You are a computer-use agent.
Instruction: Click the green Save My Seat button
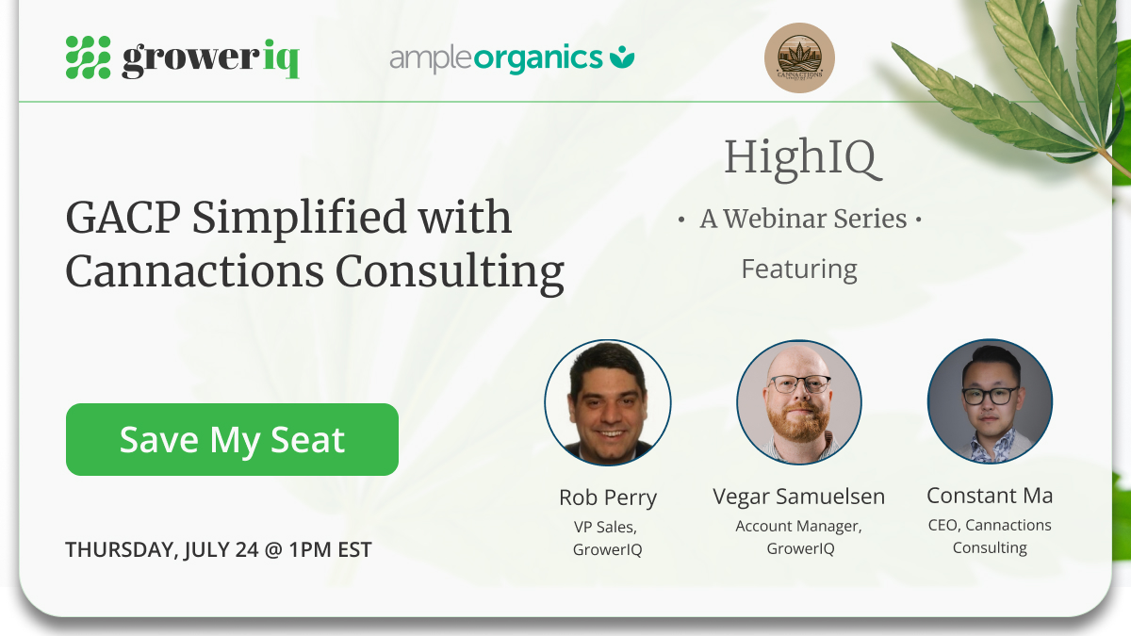click(x=232, y=440)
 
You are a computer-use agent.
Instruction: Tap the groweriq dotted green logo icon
click(x=88, y=57)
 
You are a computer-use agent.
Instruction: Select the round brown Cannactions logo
click(x=799, y=58)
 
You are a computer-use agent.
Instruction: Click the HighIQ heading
click(x=802, y=158)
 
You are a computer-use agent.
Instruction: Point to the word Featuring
click(x=799, y=269)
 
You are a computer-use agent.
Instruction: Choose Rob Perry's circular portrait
click(x=608, y=403)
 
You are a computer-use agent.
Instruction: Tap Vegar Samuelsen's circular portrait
click(x=799, y=403)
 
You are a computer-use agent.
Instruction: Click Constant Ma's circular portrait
click(x=990, y=402)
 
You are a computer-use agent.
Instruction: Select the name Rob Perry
click(x=608, y=497)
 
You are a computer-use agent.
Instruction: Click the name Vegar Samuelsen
click(x=798, y=497)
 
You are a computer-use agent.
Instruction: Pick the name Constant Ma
click(x=990, y=496)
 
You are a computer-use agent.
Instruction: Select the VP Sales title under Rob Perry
click(x=608, y=527)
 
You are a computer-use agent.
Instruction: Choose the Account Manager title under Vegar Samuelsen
click(x=798, y=526)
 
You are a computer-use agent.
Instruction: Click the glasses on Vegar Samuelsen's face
click(x=798, y=384)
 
